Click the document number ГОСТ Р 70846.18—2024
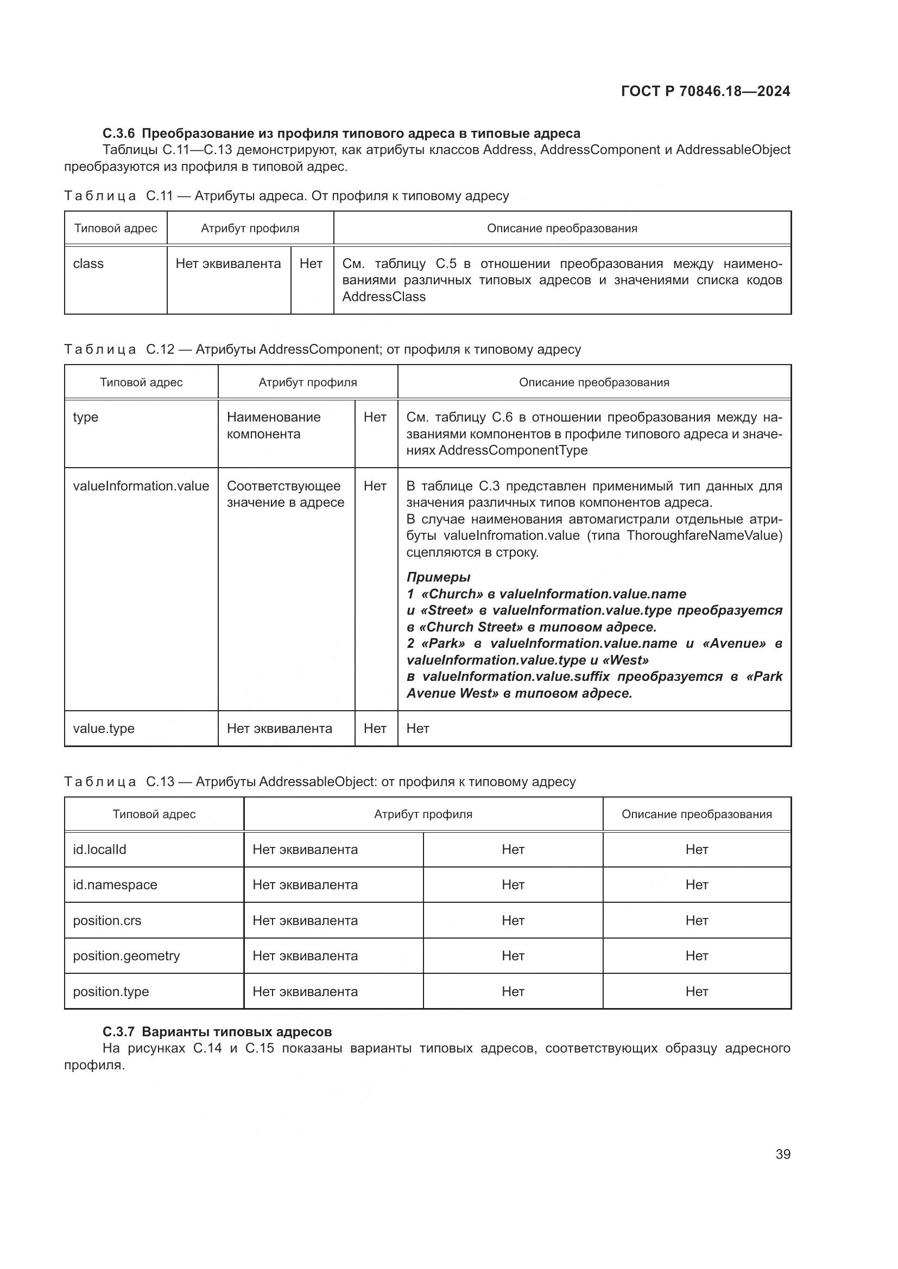point(705,92)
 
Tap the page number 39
point(782,1155)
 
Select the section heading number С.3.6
point(118,134)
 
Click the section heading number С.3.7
point(118,1032)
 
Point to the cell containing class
point(88,264)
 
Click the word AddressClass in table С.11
point(384,297)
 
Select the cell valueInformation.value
point(141,486)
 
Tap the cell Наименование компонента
point(274,425)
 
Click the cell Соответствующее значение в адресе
point(285,494)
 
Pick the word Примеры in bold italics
point(438,577)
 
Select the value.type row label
point(103,729)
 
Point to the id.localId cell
point(99,850)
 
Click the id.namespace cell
point(115,885)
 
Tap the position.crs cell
point(107,920)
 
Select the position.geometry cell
point(126,955)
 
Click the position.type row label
point(111,992)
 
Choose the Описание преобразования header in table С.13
point(696,814)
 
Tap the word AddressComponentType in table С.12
point(513,450)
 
